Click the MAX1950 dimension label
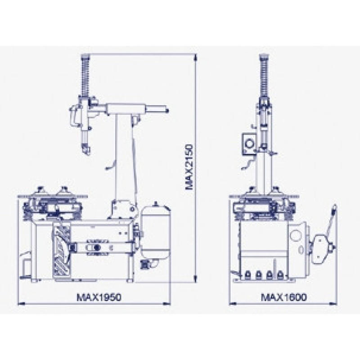pos(99,297)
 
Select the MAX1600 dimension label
pos(284,297)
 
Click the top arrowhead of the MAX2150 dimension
pos(195,57)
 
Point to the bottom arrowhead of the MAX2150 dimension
pos(195,278)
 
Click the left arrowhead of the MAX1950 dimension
pos(21,305)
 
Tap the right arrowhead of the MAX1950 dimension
pos(167,305)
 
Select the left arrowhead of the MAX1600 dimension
pos(233,305)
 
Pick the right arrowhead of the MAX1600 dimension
pos(333,305)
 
